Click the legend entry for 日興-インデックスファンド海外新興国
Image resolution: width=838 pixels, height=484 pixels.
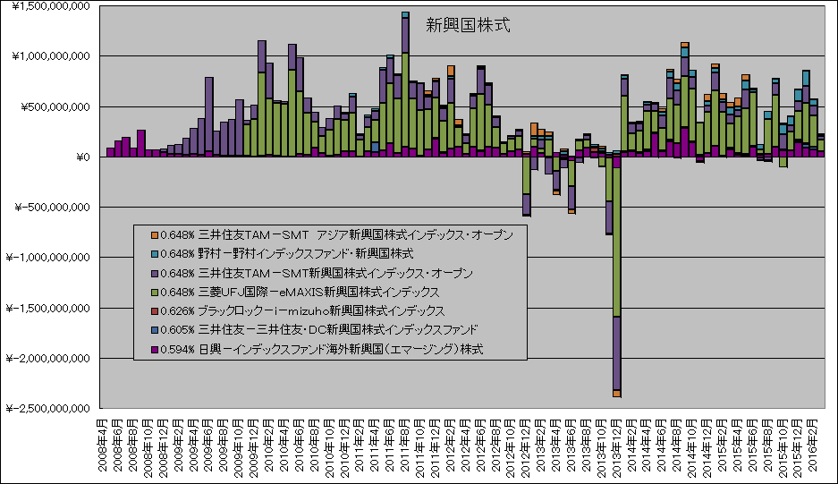point(323,349)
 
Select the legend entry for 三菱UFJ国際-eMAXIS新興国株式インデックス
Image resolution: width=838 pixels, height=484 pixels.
point(304,292)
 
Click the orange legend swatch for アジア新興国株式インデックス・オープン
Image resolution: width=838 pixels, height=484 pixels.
point(154,234)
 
